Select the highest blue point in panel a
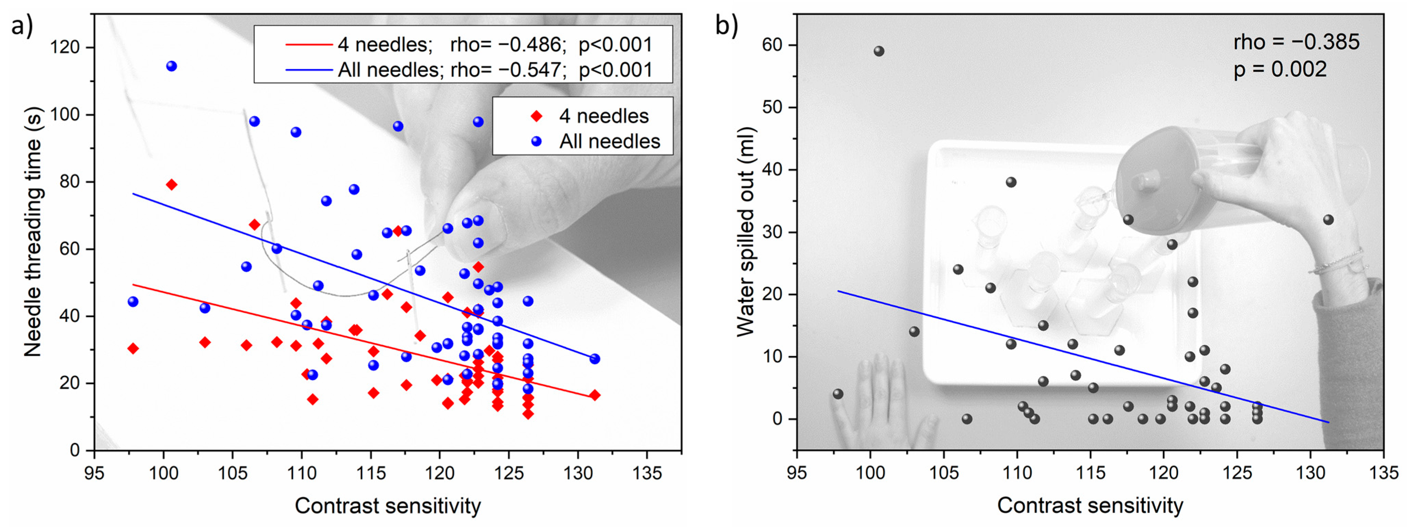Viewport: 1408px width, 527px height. click(x=171, y=66)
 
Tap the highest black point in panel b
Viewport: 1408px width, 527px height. click(x=879, y=51)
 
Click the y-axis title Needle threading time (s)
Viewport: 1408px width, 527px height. click(x=33, y=232)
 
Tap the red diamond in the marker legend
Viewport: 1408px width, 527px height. click(x=537, y=116)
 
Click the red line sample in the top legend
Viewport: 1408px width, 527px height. click(x=309, y=44)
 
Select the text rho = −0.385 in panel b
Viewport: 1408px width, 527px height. click(x=1296, y=42)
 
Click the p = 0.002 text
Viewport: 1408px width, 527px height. click(x=1280, y=69)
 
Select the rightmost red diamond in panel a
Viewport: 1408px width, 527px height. click(x=595, y=395)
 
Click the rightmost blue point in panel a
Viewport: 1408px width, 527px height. click(x=595, y=359)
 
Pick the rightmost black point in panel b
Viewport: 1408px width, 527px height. click(x=1328, y=220)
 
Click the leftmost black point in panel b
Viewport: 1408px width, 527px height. click(x=838, y=394)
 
